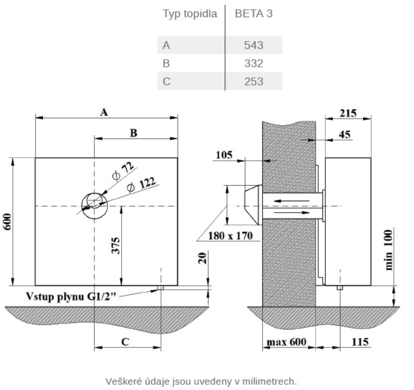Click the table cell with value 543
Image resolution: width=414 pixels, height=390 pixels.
point(254,45)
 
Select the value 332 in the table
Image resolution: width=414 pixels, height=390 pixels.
point(254,63)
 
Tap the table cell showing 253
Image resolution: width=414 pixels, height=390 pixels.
point(254,81)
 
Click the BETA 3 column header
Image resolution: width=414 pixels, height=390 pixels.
point(254,14)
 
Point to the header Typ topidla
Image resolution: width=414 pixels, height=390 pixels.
point(190,14)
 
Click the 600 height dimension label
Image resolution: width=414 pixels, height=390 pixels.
point(8,222)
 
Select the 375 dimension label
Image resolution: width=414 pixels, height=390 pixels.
point(115,246)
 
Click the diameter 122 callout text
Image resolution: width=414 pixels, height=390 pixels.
point(141,184)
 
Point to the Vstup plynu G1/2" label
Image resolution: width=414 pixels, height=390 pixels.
point(71,296)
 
